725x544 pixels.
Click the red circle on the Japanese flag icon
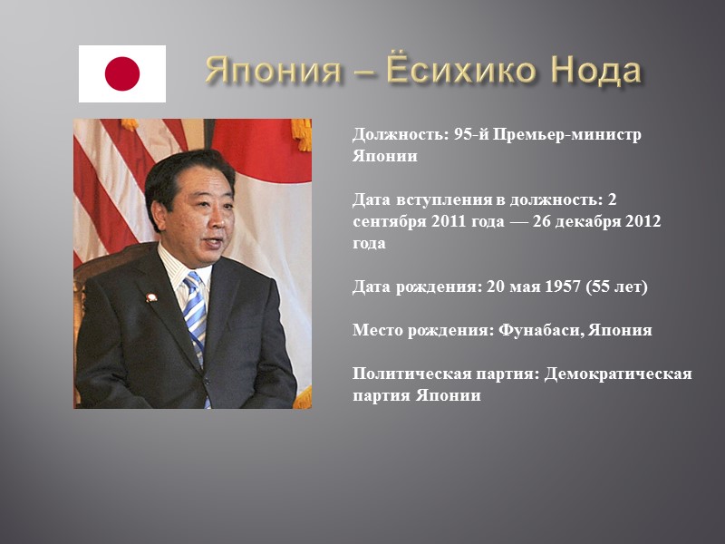point(122,73)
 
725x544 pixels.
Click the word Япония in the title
point(262,70)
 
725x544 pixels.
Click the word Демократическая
point(618,374)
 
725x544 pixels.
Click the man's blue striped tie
point(195,313)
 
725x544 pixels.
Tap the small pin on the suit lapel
point(151,296)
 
